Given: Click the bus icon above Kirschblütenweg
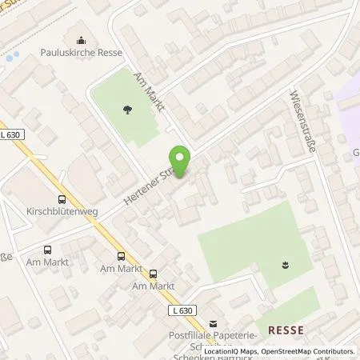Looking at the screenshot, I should pos(62,201).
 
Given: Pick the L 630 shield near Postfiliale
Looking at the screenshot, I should pos(181,309).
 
